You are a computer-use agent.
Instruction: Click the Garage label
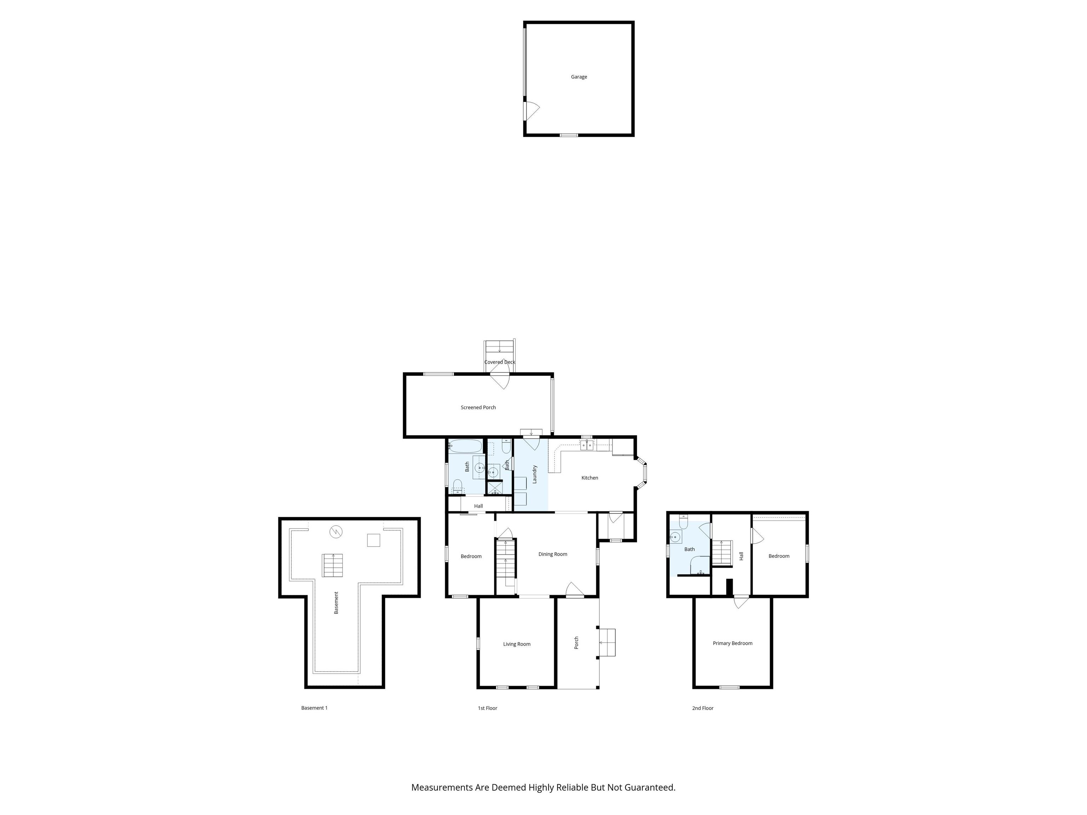579,77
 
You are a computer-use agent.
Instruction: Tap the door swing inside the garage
532,110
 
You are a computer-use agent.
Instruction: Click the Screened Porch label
478,407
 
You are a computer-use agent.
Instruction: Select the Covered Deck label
499,362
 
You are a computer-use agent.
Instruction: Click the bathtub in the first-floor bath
465,446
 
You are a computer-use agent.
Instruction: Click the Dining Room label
552,554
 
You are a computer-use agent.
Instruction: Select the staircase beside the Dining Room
505,565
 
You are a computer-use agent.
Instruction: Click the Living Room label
517,644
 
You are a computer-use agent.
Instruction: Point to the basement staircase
333,565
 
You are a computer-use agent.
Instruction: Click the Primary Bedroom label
732,643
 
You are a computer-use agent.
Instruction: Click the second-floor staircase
722,553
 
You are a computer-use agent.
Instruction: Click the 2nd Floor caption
702,708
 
